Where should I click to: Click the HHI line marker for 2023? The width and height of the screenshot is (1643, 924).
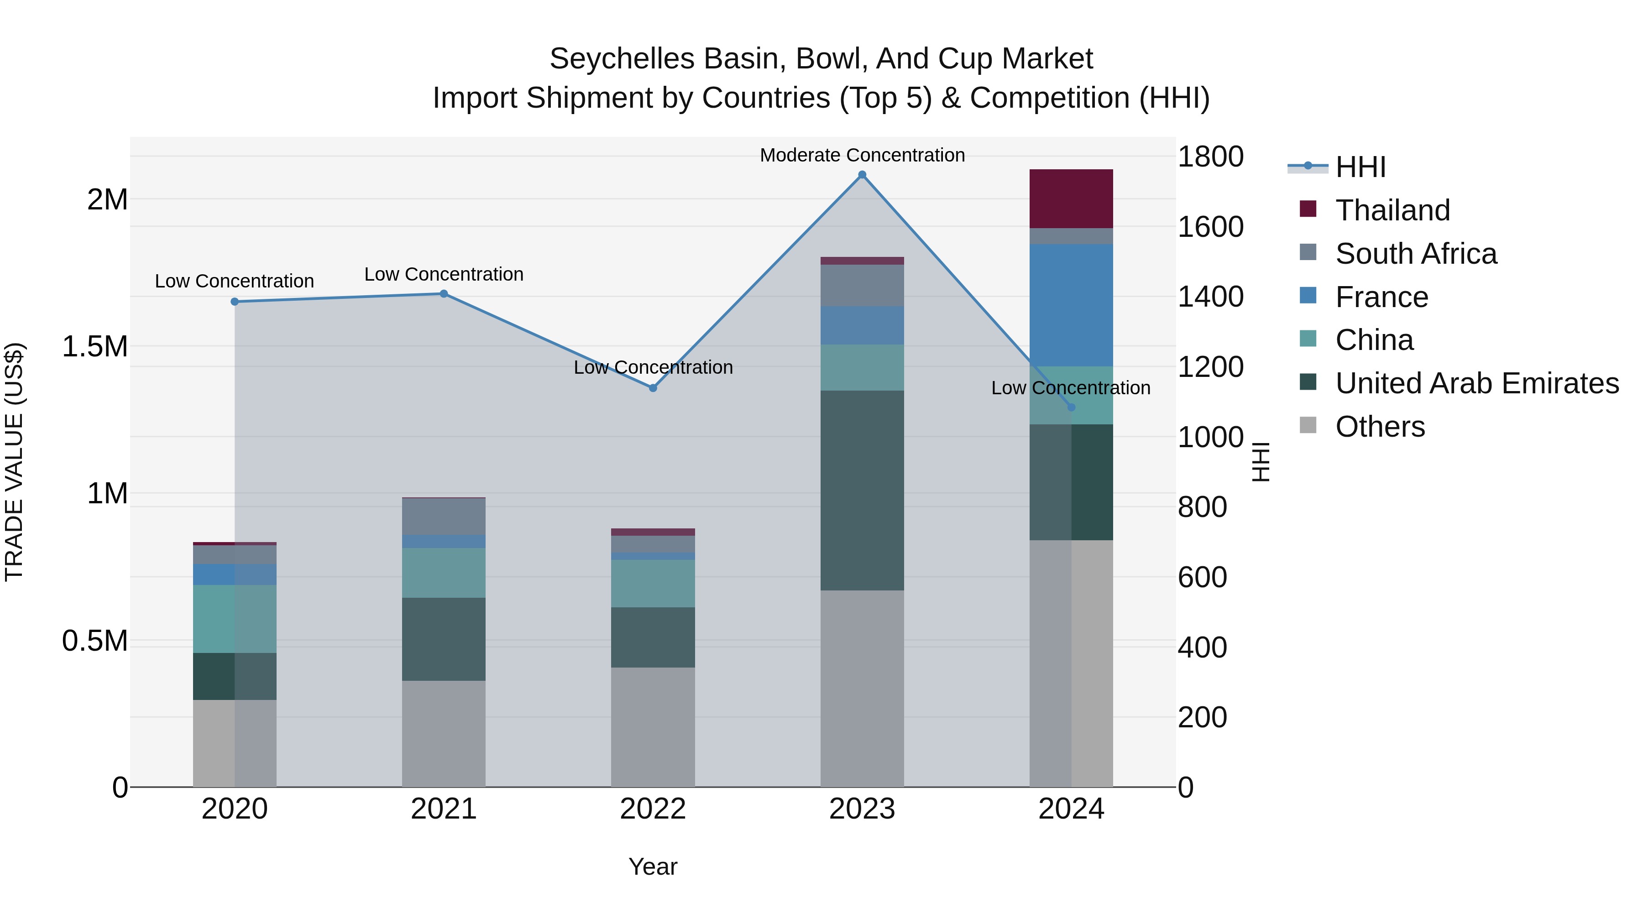[x=862, y=175]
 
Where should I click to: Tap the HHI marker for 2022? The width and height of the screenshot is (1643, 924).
[x=653, y=388]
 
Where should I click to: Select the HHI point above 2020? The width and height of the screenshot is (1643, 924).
[x=235, y=302]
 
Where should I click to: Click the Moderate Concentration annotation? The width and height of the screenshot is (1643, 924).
[x=862, y=155]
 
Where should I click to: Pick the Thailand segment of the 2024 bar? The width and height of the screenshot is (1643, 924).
[x=1071, y=198]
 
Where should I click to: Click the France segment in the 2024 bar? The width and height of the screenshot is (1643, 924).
[x=1071, y=305]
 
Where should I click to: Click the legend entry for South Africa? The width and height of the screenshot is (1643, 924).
[x=1415, y=254]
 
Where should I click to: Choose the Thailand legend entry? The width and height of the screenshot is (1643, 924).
[x=1392, y=210]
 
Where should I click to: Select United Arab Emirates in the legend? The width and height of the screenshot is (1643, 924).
[x=1476, y=383]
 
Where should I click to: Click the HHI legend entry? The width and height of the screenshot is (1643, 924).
[x=1360, y=167]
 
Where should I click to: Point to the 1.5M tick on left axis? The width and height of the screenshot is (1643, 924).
[x=95, y=347]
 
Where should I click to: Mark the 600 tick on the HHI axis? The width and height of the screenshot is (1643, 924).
[x=1202, y=577]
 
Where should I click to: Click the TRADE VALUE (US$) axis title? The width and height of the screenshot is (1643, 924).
[x=14, y=462]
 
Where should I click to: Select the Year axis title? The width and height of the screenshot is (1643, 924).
[x=653, y=867]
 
